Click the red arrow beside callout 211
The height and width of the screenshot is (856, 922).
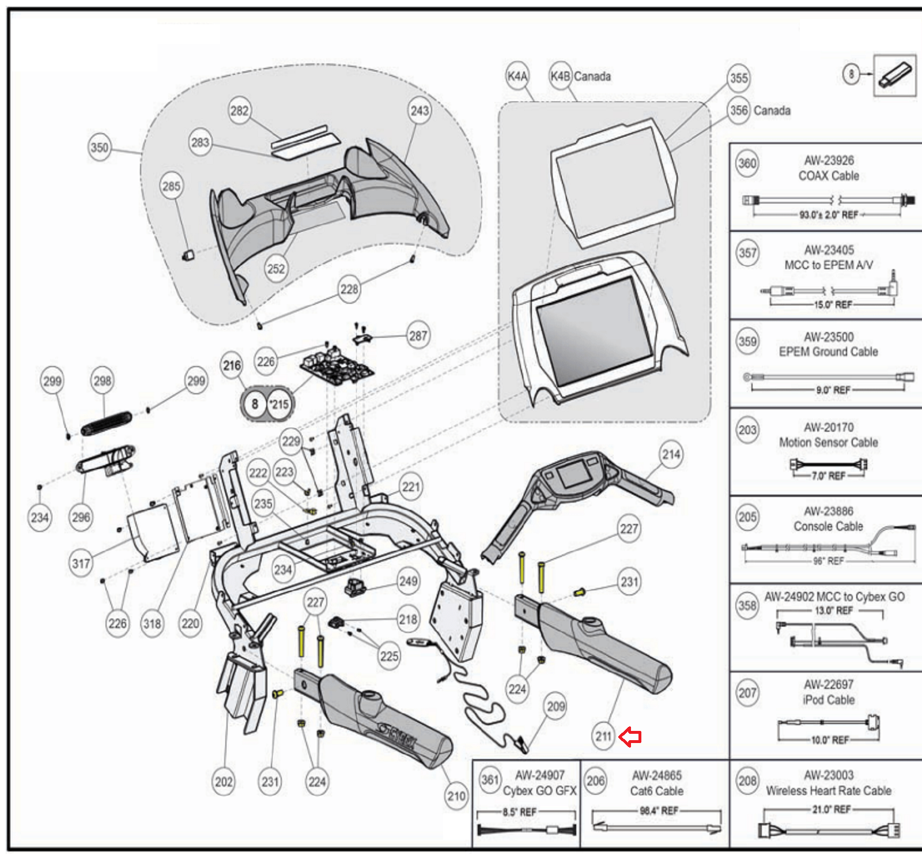tap(630, 737)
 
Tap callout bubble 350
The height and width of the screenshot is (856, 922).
tap(99, 148)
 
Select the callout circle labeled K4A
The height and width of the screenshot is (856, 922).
tap(517, 76)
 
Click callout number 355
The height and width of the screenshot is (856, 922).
tap(739, 78)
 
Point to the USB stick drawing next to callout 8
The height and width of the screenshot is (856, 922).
tap(894, 75)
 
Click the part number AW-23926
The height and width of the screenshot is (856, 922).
tap(829, 161)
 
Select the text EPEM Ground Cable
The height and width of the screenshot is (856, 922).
tap(828, 352)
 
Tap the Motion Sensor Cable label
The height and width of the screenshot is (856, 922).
tap(828, 443)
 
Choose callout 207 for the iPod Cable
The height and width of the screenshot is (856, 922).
tap(747, 693)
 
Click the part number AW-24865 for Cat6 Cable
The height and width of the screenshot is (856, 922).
tap(656, 776)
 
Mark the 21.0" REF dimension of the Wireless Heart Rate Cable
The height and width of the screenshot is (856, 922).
tap(831, 810)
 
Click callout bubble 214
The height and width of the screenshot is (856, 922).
tap(671, 455)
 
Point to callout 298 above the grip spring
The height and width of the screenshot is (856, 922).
tap(103, 381)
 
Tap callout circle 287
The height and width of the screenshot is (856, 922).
tap(418, 335)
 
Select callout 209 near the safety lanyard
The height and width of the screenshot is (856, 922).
tap(556, 707)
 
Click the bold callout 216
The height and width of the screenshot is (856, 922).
tap(232, 365)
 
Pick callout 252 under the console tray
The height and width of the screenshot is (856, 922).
tap(276, 269)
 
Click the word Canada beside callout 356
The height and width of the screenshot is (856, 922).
tap(772, 111)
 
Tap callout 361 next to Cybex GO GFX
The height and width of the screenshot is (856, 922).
tap(490, 780)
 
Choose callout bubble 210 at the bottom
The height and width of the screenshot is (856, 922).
tap(456, 797)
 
